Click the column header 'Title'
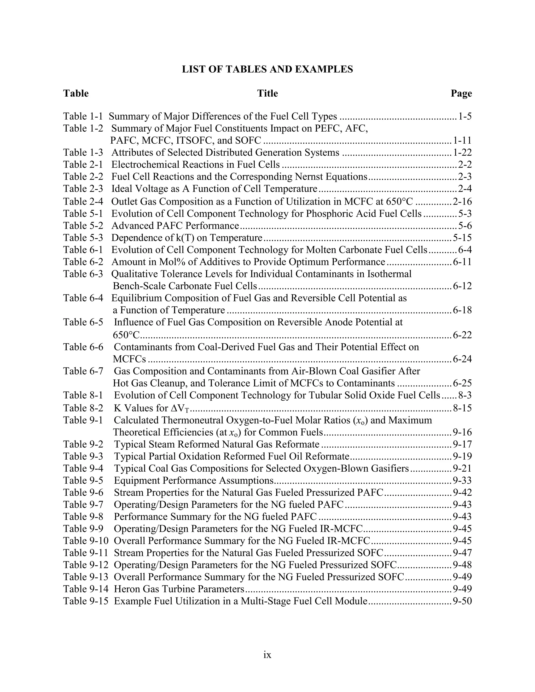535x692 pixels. (x=267, y=93)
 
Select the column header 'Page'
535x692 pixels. (x=461, y=93)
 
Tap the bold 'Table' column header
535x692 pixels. (x=76, y=93)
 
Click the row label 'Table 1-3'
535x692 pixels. (x=83, y=153)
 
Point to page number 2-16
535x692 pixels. (x=462, y=202)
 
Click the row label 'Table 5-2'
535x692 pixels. (x=83, y=226)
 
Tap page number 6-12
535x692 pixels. (x=462, y=286)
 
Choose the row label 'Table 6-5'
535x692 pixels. (x=83, y=322)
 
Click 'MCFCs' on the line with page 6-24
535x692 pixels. (x=129, y=359)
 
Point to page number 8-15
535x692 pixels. (x=462, y=408)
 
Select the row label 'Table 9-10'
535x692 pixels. (x=86, y=541)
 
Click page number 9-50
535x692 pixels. (x=462, y=601)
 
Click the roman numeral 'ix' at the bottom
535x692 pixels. (x=267, y=655)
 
